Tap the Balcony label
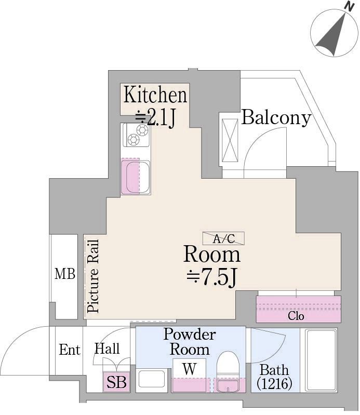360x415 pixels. coord(276,117)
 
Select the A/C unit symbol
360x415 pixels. coord(223,238)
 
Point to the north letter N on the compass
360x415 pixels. coord(350,7)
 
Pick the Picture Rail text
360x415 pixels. coord(93,276)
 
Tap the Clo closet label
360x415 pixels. coord(296,316)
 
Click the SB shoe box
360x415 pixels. coord(116,382)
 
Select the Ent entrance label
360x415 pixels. coord(70,350)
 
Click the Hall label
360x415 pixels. coord(107,349)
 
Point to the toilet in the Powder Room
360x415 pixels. coord(228,371)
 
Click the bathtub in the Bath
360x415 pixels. coord(321,360)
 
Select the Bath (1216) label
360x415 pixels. coord(274,377)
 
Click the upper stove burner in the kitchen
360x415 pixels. coord(142,130)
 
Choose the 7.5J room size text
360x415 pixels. coord(211,277)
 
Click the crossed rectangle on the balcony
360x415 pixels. coord(230,140)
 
